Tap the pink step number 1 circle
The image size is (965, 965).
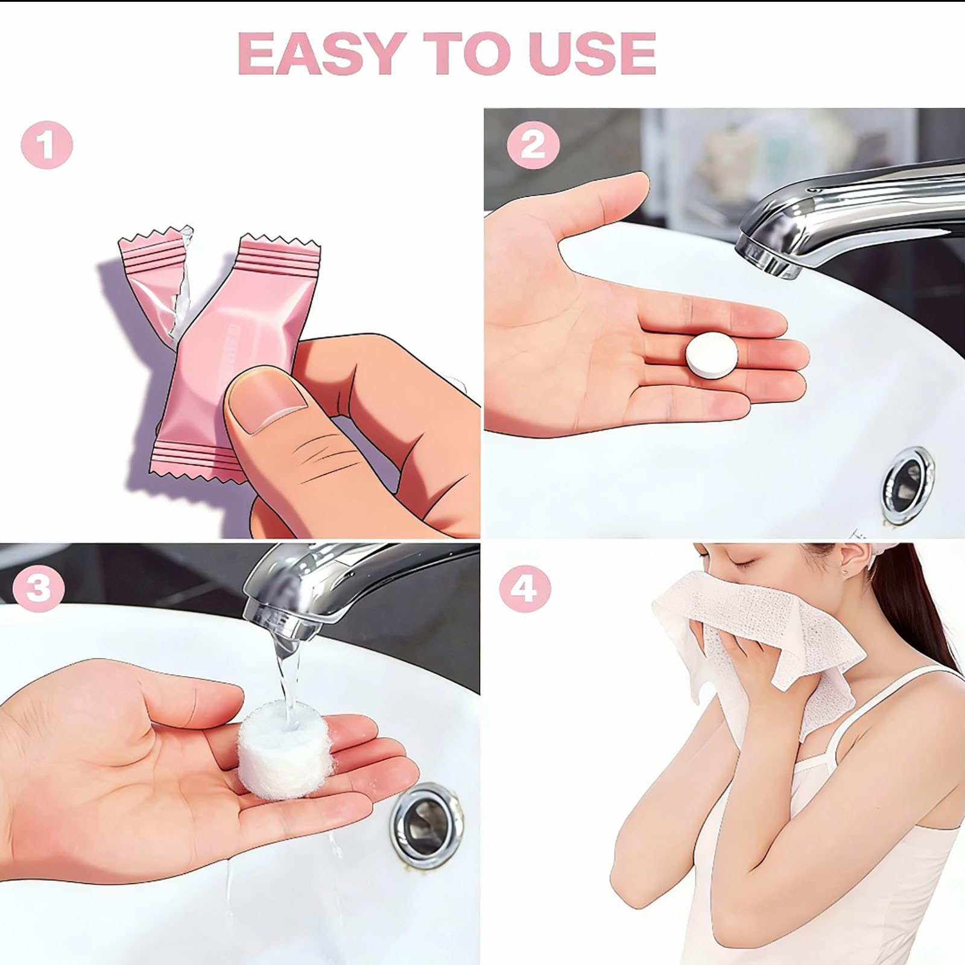click(47, 146)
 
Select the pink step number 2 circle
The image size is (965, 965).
click(533, 145)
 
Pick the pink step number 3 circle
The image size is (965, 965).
click(39, 587)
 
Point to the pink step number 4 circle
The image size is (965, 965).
click(525, 587)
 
